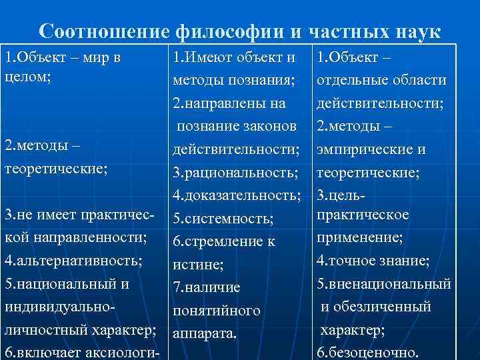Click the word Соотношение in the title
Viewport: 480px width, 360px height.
(106, 31)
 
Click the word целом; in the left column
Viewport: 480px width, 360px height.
(24, 77)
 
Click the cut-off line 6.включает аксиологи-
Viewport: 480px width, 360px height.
(82, 353)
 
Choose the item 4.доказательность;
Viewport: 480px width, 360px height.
(237, 195)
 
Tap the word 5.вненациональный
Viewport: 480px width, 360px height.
(384, 284)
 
